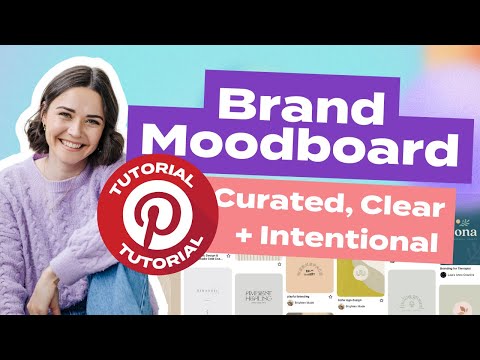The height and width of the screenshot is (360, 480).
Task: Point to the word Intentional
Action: (351, 240)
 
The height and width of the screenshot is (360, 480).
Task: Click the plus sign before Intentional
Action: (245, 241)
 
